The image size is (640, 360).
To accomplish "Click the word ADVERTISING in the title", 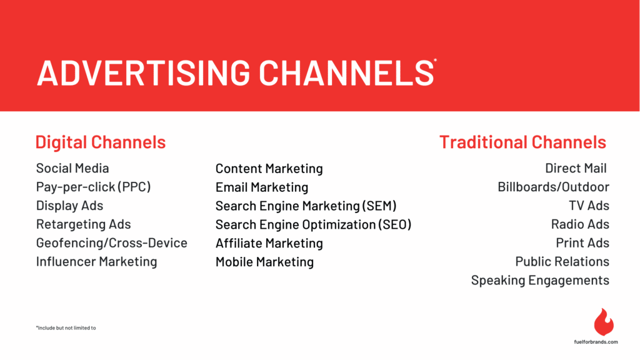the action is click(143, 72).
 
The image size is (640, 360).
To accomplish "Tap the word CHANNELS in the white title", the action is click(346, 72).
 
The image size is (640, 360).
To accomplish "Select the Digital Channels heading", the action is click(101, 142).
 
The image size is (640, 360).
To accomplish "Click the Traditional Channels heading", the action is click(522, 142).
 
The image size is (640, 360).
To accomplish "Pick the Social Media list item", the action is click(72, 168).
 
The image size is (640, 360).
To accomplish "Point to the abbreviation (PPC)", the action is click(134, 187).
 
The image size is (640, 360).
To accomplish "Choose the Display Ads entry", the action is click(69, 206).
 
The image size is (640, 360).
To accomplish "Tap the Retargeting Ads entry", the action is click(83, 224).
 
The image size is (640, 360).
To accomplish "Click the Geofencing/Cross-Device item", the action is click(111, 243).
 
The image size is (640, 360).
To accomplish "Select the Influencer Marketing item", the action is click(96, 262).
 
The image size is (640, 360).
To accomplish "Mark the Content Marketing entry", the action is click(269, 169).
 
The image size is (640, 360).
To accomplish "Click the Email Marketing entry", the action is click(262, 187).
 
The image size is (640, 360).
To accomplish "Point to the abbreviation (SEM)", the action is click(379, 206).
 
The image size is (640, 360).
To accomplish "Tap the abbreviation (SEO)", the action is click(394, 224).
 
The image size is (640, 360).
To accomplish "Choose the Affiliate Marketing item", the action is click(269, 243).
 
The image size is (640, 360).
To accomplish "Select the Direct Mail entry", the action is click(576, 168).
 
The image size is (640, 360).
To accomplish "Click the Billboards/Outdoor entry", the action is click(553, 187).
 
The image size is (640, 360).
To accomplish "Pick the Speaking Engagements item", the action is click(540, 281).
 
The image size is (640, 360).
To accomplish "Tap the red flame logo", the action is click(603, 322).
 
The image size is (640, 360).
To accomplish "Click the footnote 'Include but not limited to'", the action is click(66, 327).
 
